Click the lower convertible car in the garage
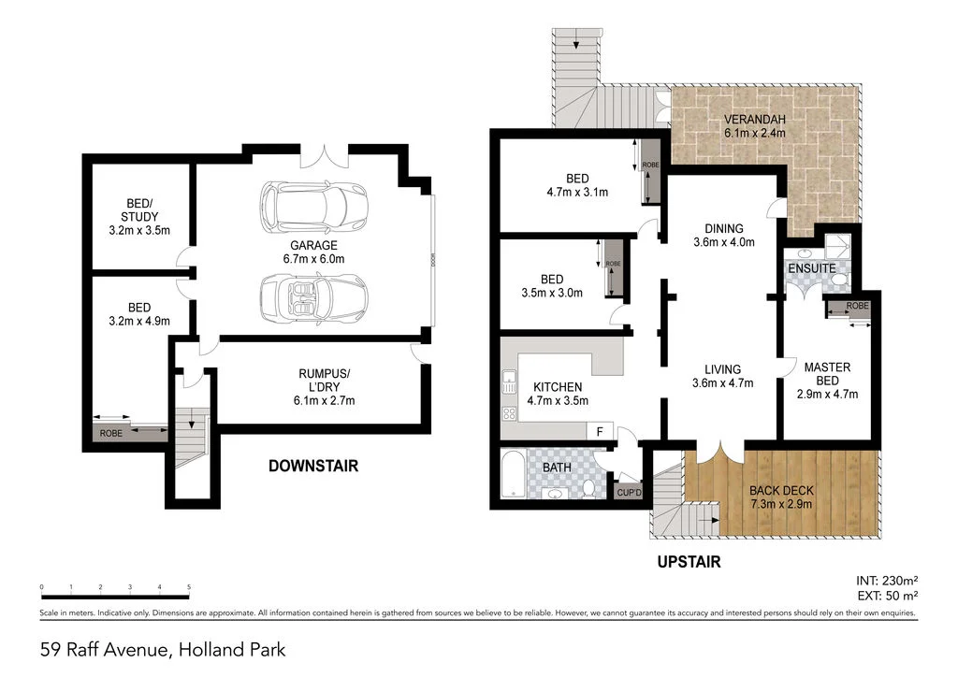tap(313, 297)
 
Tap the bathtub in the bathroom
tap(515, 475)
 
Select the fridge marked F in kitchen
tap(599, 431)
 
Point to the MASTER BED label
tap(827, 374)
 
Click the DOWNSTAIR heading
tap(312, 466)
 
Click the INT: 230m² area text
tap(887, 579)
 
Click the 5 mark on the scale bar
tap(189, 587)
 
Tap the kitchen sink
tap(509, 382)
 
